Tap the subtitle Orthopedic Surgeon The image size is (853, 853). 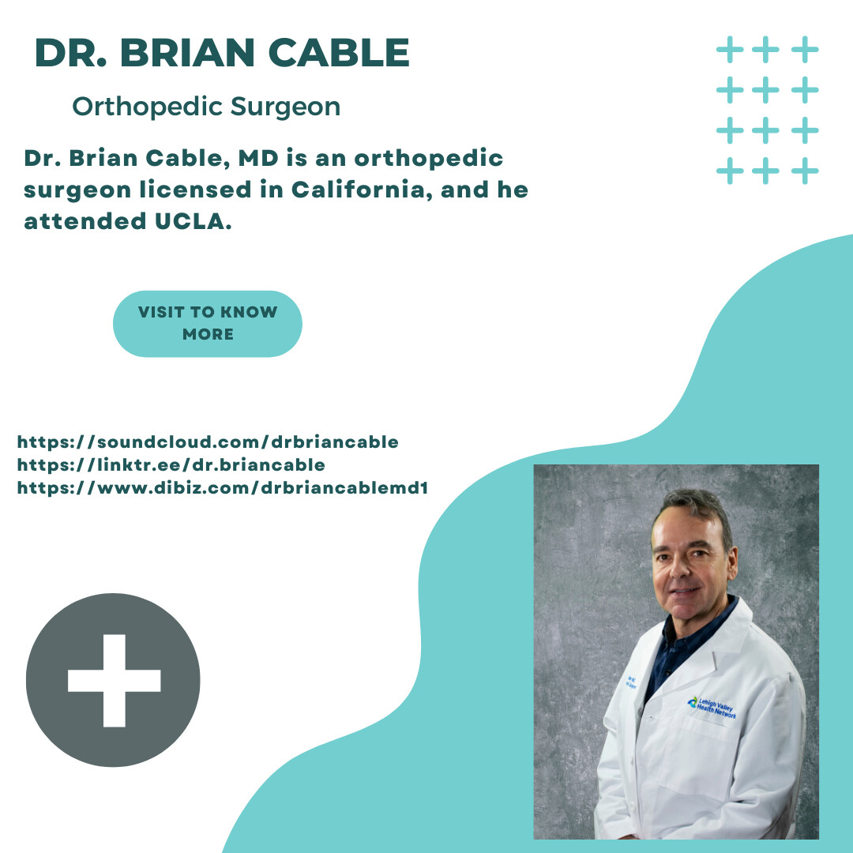coord(206,107)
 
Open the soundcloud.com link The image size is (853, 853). coord(208,442)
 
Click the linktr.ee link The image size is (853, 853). coord(171,465)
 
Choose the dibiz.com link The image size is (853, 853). coord(222,488)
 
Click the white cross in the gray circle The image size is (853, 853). coord(114,680)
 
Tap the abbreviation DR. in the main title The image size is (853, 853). coord(70,53)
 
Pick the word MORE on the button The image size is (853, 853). coord(208,334)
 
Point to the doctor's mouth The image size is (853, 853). coord(684,591)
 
